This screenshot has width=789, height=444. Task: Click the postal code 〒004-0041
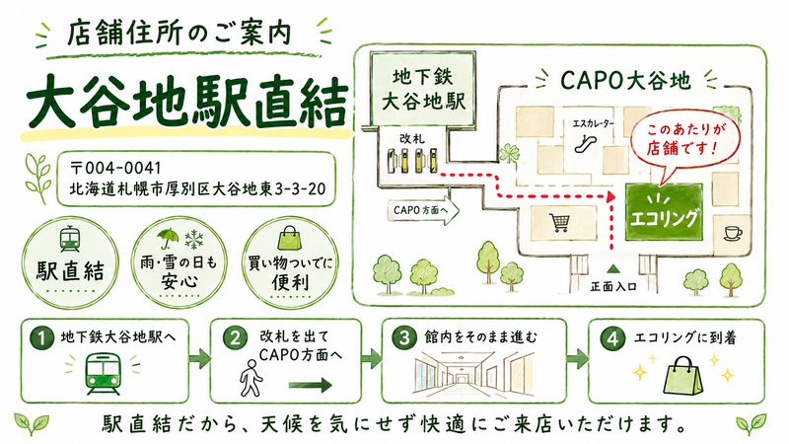(x=115, y=168)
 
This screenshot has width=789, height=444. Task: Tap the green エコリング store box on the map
(x=664, y=212)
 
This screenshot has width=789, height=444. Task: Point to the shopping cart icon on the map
(x=559, y=222)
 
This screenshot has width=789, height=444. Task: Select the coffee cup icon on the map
(x=733, y=233)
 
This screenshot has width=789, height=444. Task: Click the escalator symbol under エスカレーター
(x=587, y=143)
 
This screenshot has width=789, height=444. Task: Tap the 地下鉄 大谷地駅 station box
(x=423, y=89)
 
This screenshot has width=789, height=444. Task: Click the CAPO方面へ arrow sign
(x=423, y=210)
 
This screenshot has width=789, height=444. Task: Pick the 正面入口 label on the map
(x=612, y=287)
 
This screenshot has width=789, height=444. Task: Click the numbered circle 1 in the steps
(x=41, y=338)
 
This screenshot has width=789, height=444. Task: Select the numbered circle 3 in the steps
(x=404, y=337)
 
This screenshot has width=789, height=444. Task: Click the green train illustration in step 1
(x=103, y=373)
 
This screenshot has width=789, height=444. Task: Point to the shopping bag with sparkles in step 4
(x=683, y=376)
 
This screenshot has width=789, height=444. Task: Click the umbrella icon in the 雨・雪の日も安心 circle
(x=168, y=239)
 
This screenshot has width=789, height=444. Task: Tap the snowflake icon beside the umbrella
(x=193, y=239)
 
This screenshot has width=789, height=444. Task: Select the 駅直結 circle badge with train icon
(x=70, y=262)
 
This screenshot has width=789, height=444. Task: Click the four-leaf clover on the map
(x=509, y=153)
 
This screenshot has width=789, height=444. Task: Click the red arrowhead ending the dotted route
(x=610, y=196)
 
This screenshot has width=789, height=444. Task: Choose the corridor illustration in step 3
(x=473, y=374)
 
